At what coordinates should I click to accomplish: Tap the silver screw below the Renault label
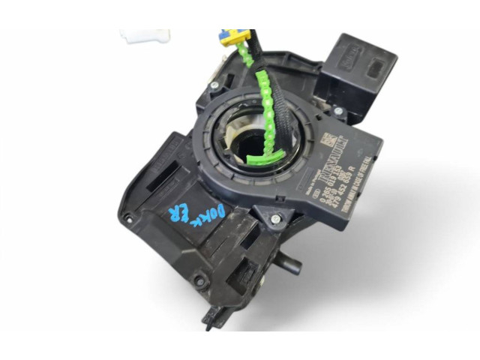275,219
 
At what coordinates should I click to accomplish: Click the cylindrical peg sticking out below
289,265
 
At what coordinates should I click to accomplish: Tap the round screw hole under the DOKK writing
199,281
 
